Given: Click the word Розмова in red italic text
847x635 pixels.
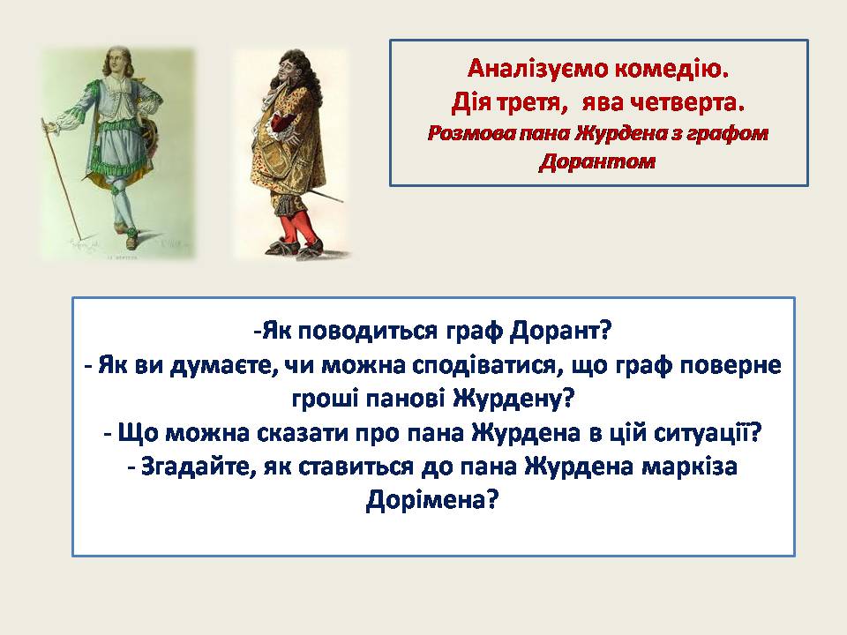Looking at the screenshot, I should coord(467,134).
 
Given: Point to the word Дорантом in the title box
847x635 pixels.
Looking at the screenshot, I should coord(598,161).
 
